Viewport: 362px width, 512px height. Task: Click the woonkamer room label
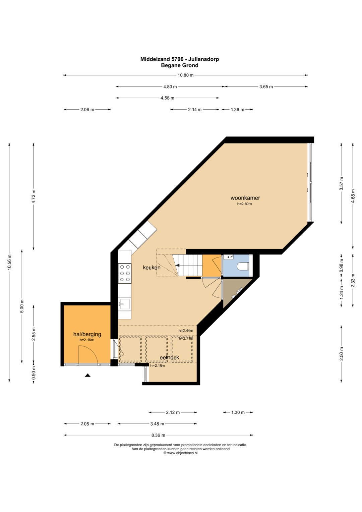(x=245, y=198)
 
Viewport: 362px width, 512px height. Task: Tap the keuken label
(x=152, y=267)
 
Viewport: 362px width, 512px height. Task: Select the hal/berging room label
(x=87, y=334)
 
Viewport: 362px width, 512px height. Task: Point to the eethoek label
(x=169, y=357)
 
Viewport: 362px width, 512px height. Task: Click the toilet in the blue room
(x=243, y=266)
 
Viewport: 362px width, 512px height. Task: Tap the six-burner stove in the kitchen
(x=125, y=273)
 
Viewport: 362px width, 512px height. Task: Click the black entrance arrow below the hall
(x=87, y=375)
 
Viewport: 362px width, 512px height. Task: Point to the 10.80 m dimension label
(x=186, y=75)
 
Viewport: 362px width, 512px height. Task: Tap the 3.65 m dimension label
(x=266, y=87)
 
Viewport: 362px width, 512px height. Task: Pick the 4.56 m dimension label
(x=167, y=98)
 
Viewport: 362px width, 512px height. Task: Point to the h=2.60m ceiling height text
(x=245, y=204)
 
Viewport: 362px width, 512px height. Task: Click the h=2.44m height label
(x=186, y=331)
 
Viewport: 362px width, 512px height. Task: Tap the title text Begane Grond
(x=180, y=65)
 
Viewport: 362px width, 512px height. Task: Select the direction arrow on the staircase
(x=177, y=265)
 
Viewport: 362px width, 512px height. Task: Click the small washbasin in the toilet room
(x=229, y=257)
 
